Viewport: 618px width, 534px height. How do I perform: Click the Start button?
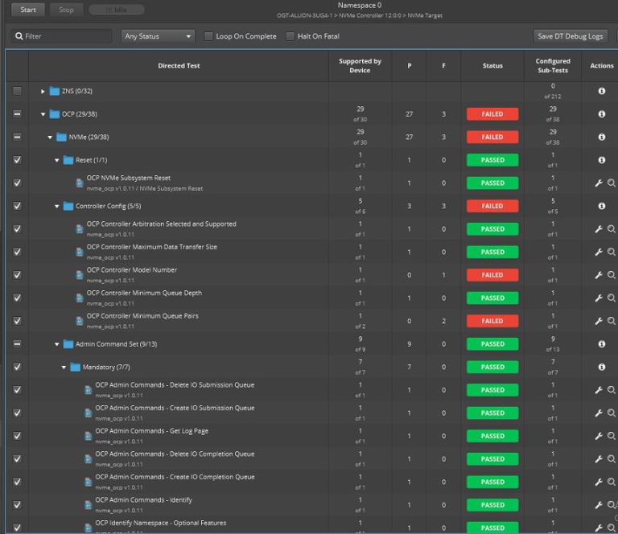28,10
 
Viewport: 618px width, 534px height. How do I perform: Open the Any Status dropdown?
159,36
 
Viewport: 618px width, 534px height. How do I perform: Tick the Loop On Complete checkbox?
209,36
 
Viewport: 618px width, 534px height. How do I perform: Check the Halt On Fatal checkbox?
290,36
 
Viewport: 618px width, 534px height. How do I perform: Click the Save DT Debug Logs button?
571,36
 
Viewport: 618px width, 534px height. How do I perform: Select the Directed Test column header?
179,66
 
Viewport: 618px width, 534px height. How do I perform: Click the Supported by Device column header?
360,66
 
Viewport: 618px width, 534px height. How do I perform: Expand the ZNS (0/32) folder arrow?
43,92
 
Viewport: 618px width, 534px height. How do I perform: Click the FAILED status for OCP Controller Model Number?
492,275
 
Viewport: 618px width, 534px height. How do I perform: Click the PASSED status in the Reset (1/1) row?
492,160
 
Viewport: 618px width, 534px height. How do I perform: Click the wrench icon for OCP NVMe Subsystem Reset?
598,183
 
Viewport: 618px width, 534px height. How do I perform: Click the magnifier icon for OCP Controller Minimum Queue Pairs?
612,321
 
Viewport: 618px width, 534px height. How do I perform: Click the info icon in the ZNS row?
601,92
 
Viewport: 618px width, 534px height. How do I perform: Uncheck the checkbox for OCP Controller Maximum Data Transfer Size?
17,252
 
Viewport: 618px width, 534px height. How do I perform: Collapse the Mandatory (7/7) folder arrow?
64,368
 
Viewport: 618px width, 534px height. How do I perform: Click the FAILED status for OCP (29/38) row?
492,114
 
